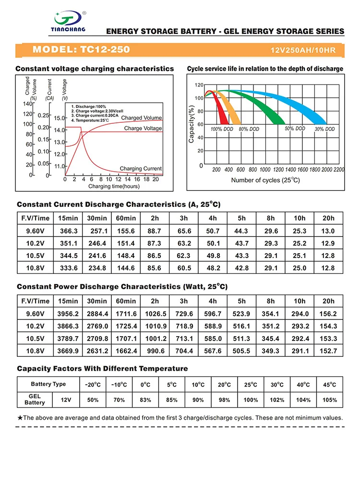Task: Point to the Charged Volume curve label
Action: [x=142, y=118]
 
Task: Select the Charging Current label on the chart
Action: [x=141, y=168]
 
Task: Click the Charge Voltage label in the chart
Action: [x=143, y=129]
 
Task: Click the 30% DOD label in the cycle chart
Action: [x=324, y=130]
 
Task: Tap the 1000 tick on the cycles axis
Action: [x=265, y=170]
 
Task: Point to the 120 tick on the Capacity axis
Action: [x=199, y=85]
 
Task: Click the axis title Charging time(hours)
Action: [x=114, y=186]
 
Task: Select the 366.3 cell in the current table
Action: [x=69, y=231]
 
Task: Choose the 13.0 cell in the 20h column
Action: [x=328, y=231]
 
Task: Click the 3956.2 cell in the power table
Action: [x=69, y=314]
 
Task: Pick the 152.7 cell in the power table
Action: [x=328, y=351]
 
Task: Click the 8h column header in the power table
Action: [x=271, y=301]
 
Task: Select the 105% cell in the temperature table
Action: [x=329, y=400]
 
